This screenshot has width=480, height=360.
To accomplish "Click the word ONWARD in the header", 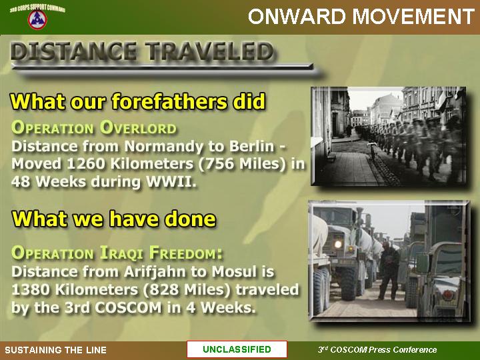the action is [297, 16].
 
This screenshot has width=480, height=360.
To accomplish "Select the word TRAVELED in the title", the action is [209, 51].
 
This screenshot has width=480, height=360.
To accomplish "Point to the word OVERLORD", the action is [139, 128].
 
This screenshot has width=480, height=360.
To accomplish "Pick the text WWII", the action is [171, 181].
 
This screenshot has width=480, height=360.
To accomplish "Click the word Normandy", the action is [163, 147].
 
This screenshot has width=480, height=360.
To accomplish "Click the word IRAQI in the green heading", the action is [121, 253].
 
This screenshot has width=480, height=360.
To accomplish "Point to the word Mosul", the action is [234, 271].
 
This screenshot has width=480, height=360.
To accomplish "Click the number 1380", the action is [30, 289].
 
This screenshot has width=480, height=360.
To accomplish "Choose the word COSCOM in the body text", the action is [128, 307].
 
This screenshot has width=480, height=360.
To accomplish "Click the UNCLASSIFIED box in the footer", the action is [237, 349].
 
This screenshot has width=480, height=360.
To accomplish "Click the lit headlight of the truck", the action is [337, 244].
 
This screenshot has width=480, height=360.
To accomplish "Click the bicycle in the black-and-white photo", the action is [373, 151].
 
